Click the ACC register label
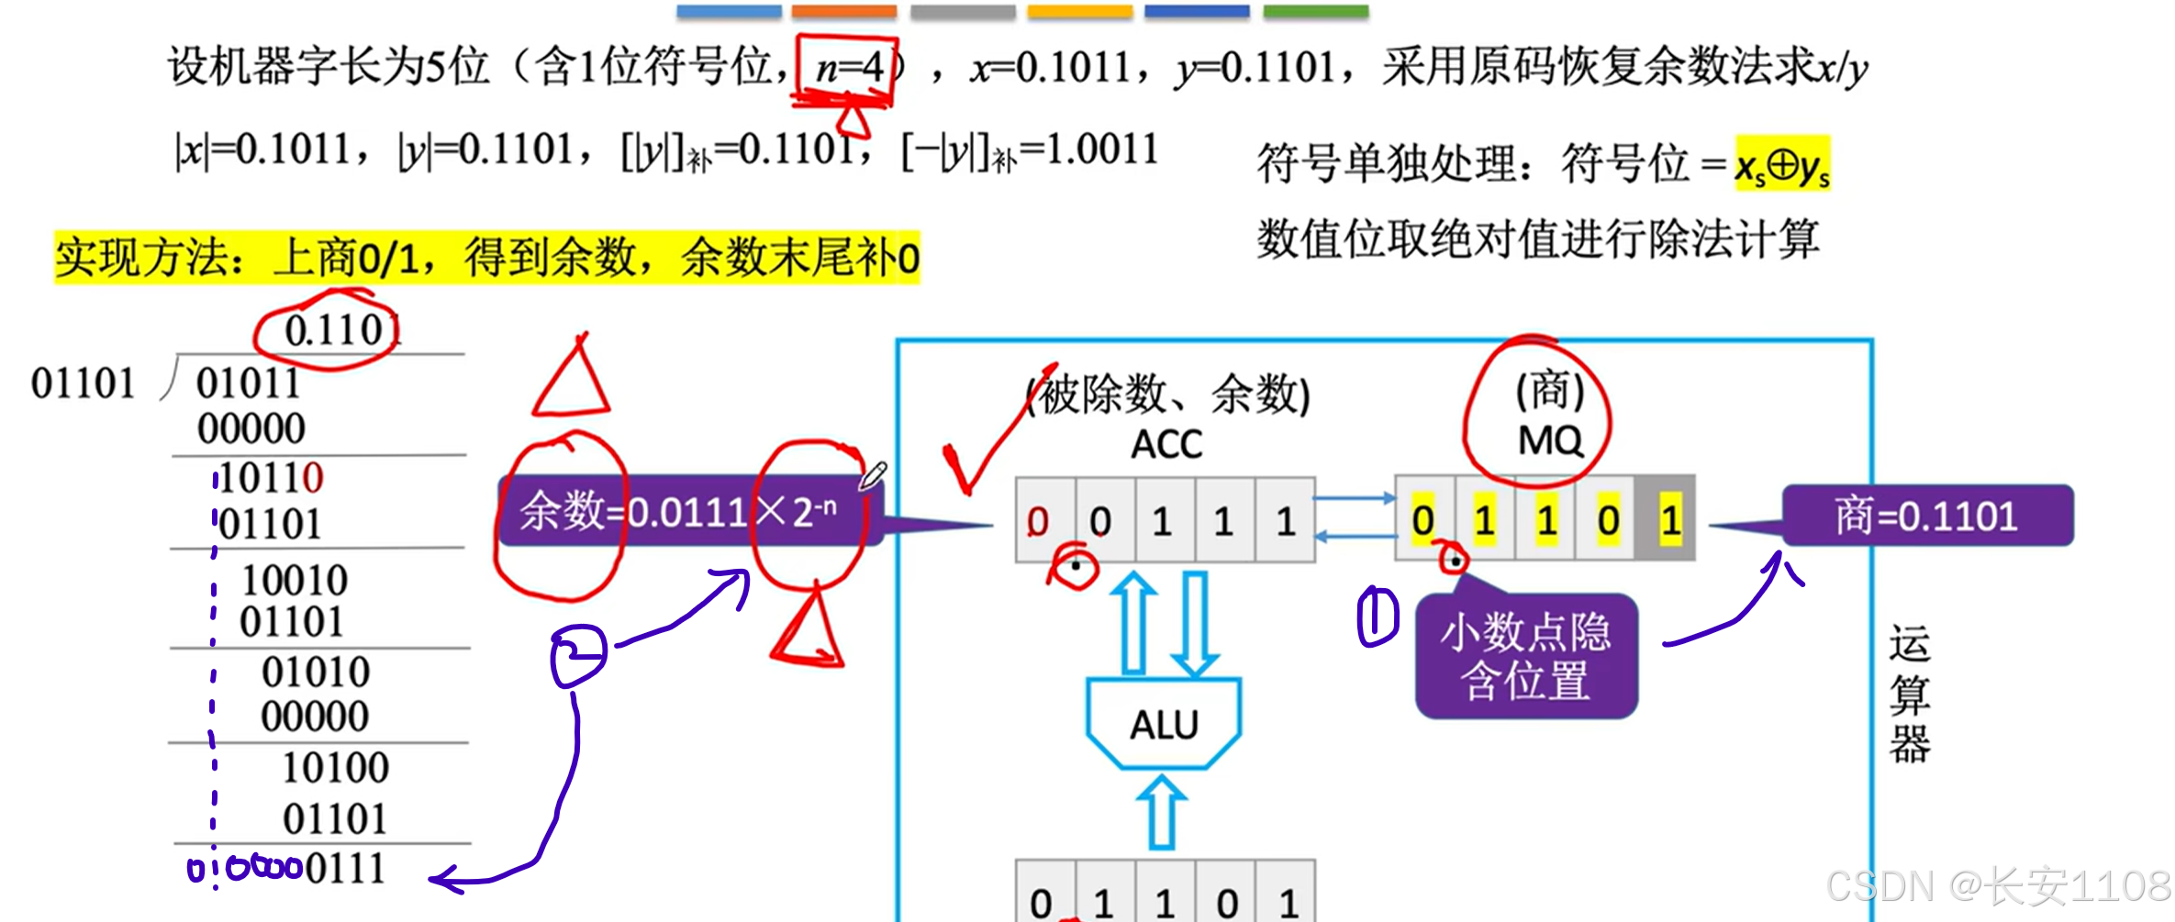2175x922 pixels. (1166, 445)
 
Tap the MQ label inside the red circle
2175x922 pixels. (1550, 441)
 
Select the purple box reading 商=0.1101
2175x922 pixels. (1926, 516)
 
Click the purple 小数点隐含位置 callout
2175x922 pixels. (1526, 656)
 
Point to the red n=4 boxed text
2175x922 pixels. (848, 67)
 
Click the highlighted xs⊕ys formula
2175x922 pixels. (1781, 165)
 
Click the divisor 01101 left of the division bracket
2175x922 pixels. (83, 383)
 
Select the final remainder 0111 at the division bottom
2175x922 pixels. (345, 868)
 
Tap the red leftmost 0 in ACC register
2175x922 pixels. (1038, 521)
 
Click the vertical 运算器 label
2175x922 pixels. (1909, 694)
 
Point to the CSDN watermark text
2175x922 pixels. (1997, 886)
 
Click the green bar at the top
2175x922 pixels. (1315, 12)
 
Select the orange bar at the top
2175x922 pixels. (843, 12)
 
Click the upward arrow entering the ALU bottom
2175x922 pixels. (1162, 812)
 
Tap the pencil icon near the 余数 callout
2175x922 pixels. (873, 475)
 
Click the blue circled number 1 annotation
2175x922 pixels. (1377, 617)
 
